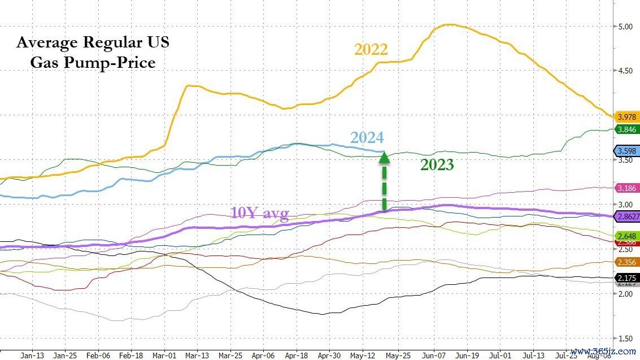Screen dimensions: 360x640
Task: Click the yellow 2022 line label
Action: tap(371, 49)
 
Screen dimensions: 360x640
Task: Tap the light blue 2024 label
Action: tap(367, 137)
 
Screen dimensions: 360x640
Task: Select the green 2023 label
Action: tap(437, 164)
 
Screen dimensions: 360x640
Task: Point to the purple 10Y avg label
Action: tap(259, 213)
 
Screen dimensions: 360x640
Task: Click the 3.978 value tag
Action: tap(626, 117)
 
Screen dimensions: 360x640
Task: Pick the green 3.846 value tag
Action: tap(626, 129)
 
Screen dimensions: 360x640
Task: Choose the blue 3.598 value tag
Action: tap(626, 151)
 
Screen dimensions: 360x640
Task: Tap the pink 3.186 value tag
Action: tap(626, 188)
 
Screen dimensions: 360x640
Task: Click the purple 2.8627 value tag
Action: tap(626, 216)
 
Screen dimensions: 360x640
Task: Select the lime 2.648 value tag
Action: tap(626, 236)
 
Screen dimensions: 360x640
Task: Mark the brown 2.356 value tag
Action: tap(626, 262)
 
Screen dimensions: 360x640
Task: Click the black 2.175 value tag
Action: tap(626, 278)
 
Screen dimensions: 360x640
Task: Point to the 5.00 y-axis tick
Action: tap(625, 26)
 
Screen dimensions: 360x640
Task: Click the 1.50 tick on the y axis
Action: tap(625, 339)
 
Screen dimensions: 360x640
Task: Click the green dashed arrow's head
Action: tap(384, 157)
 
